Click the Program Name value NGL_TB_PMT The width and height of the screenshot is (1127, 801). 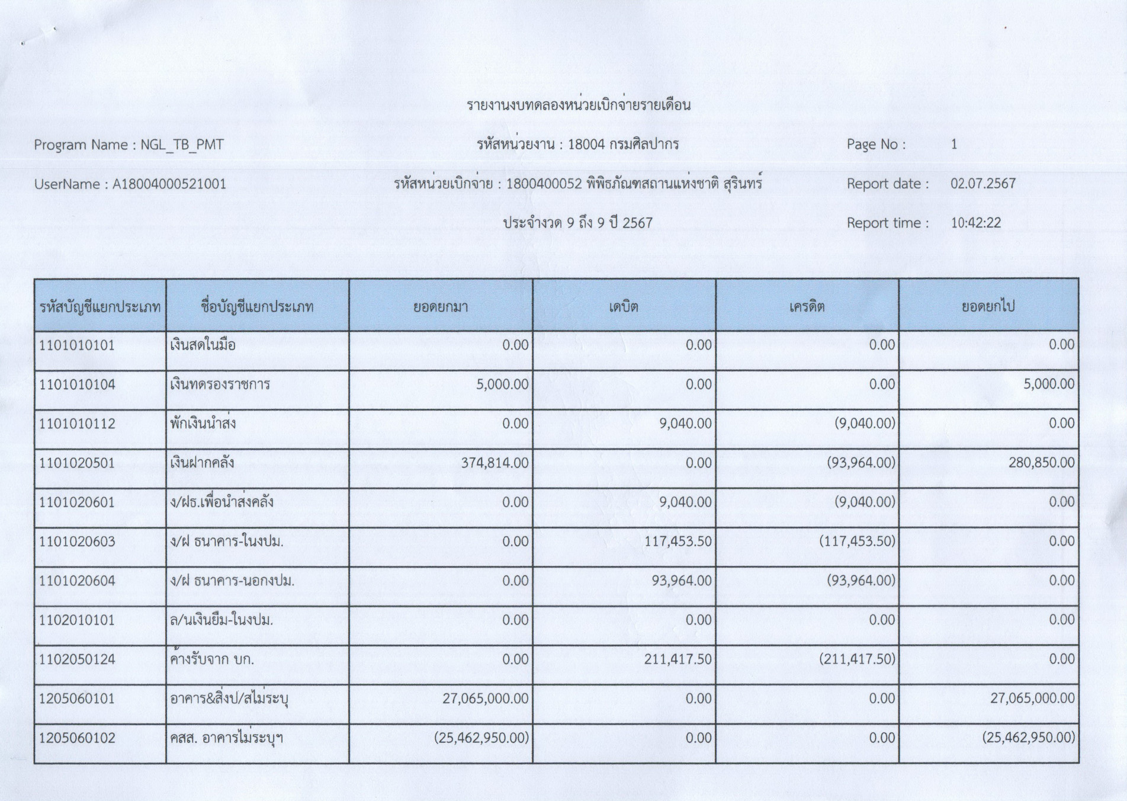click(181, 145)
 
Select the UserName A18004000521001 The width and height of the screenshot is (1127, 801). click(169, 184)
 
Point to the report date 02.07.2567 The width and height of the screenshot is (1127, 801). click(982, 184)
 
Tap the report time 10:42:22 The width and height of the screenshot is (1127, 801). click(975, 223)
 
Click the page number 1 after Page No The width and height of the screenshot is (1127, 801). click(953, 145)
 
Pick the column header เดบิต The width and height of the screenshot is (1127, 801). click(624, 307)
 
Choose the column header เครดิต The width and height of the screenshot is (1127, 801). click(807, 307)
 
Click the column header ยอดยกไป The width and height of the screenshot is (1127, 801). click(988, 307)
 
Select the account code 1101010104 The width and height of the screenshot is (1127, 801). click(77, 385)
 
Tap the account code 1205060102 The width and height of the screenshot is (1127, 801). click(77, 738)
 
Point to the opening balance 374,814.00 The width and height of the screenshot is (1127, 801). click(495, 463)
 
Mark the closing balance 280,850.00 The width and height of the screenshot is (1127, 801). click(1041, 463)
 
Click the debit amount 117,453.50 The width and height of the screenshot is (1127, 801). click(678, 542)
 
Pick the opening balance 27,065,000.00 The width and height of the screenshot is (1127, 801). click(485, 699)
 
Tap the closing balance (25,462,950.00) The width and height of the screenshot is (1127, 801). click(1028, 738)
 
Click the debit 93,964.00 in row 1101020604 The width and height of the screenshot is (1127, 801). click(681, 581)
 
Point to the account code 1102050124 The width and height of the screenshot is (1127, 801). click(77, 659)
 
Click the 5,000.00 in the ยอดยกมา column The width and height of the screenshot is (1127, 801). click(502, 385)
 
